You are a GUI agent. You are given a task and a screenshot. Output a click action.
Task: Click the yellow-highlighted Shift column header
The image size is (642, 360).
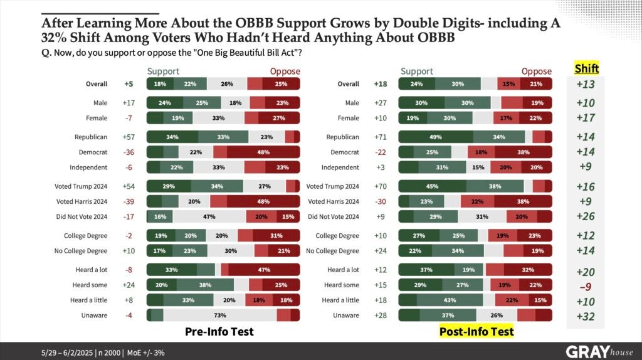(x=587, y=68)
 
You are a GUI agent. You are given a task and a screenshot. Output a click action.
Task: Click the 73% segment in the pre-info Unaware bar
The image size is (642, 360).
(x=219, y=315)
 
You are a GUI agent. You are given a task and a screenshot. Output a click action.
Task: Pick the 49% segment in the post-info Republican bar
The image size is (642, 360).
(x=436, y=137)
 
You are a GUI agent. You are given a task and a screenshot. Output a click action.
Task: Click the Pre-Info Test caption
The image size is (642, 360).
(x=219, y=331)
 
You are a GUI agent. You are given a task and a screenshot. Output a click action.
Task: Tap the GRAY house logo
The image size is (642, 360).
(x=599, y=351)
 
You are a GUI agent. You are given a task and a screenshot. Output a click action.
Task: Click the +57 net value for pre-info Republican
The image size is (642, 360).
(x=130, y=137)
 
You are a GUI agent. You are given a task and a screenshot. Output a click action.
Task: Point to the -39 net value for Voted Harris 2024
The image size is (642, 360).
(x=130, y=201)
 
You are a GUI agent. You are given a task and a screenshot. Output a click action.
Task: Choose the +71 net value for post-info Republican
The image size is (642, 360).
(x=380, y=137)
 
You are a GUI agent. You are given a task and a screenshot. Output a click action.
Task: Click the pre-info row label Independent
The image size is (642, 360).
(x=89, y=167)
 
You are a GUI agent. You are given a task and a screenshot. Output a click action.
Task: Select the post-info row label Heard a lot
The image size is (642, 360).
(x=342, y=270)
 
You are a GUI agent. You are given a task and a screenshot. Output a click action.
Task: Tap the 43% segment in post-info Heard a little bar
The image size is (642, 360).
(x=450, y=300)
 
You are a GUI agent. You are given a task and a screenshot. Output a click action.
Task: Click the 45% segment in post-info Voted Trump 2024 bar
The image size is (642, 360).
(x=433, y=186)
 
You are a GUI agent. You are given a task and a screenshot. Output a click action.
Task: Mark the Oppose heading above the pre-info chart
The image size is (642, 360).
(x=285, y=71)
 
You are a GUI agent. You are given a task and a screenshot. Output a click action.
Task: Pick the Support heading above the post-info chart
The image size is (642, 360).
(x=416, y=71)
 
